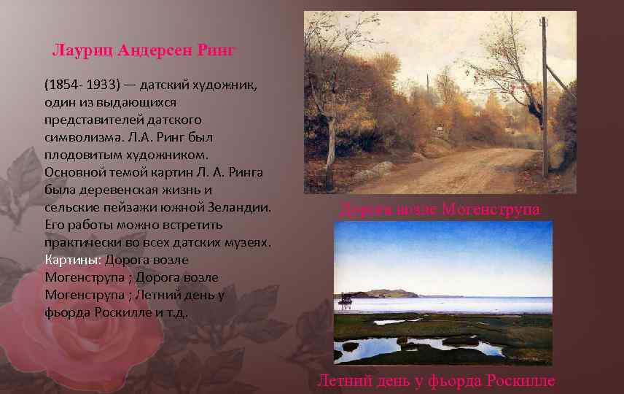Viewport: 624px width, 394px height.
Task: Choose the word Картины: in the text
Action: tap(73, 260)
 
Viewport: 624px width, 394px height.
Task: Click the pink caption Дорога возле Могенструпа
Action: tap(440, 210)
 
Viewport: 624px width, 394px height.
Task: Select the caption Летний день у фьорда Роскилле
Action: tap(436, 381)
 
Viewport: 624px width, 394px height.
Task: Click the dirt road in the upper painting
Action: tap(467, 171)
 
